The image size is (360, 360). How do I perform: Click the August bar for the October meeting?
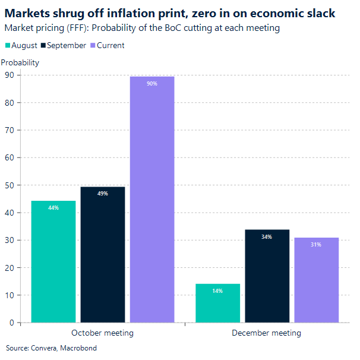(x=53, y=261)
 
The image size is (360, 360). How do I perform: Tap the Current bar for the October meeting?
(x=152, y=200)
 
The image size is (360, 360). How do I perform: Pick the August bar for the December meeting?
(x=217, y=303)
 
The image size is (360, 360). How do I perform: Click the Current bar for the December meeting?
(x=316, y=280)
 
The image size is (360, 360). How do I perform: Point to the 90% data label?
(x=152, y=84)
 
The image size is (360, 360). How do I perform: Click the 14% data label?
(x=217, y=291)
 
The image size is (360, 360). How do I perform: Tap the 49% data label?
(x=103, y=194)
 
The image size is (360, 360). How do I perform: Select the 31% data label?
(x=316, y=245)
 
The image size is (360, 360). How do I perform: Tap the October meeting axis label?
(x=102, y=333)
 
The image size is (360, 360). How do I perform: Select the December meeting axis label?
(x=266, y=333)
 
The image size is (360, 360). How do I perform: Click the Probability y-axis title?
(x=20, y=62)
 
